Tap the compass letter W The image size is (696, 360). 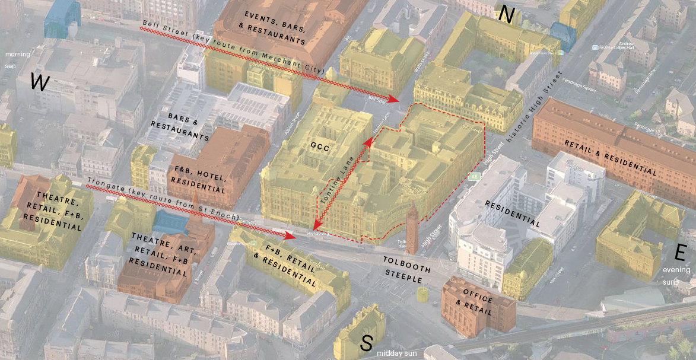tap(39, 82)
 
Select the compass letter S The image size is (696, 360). tap(367, 343)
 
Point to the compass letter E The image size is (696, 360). tap(680, 253)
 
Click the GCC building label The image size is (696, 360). tap(319, 145)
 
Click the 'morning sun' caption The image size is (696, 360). tap(17, 58)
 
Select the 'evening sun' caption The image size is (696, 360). tap(676, 276)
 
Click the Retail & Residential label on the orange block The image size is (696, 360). tap(612, 157)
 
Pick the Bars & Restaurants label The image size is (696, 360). tap(180, 126)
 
